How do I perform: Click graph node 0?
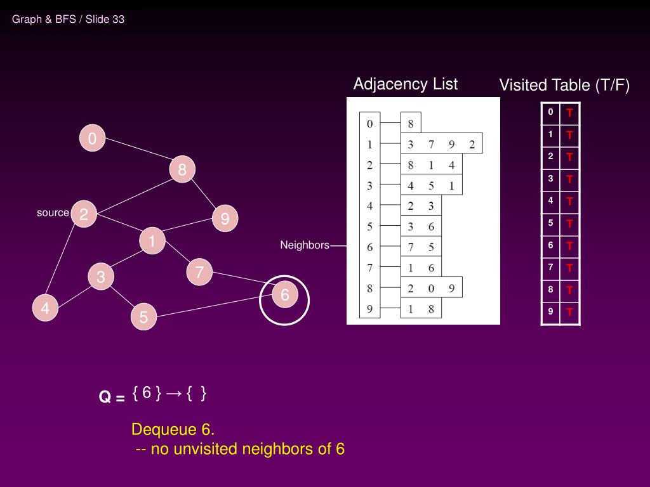click(x=92, y=138)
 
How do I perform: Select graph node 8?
click(x=182, y=170)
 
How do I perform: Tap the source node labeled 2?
click(x=83, y=214)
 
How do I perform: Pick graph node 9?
click(x=225, y=219)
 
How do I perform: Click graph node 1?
click(x=152, y=241)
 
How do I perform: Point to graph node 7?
click(x=199, y=273)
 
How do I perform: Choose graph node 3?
click(x=101, y=277)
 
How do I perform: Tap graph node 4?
click(x=45, y=308)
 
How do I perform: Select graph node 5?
click(x=144, y=316)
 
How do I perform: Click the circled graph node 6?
click(x=284, y=295)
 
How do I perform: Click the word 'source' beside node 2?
click(x=53, y=213)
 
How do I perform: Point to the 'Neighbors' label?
click(x=305, y=245)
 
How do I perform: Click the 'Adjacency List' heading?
click(x=405, y=84)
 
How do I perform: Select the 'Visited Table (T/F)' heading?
click(x=564, y=86)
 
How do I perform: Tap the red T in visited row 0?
click(x=570, y=113)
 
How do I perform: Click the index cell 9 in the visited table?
click(x=550, y=311)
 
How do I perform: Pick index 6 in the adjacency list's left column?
click(x=369, y=247)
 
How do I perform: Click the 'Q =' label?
click(x=112, y=398)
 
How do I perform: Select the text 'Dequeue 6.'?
click(x=173, y=429)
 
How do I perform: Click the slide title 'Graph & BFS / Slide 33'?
click(x=68, y=19)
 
